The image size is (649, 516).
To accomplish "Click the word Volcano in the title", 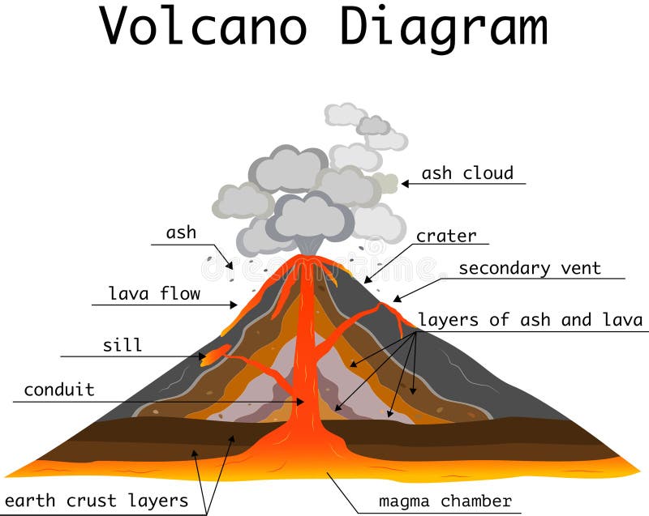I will (x=204, y=26).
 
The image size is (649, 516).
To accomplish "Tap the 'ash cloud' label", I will (x=467, y=173).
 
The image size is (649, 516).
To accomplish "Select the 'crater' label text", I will (x=446, y=236).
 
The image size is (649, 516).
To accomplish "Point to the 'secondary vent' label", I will (x=530, y=268).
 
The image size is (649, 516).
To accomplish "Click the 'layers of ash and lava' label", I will (x=531, y=320).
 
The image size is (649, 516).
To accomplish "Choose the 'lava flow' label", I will (x=154, y=293).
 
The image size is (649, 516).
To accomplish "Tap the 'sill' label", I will (x=122, y=345).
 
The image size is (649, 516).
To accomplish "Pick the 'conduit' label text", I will (x=58, y=390).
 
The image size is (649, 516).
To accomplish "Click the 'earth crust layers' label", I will (x=97, y=501).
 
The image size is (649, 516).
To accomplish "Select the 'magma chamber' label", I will (x=445, y=501).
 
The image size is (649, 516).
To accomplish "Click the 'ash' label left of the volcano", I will (x=181, y=232).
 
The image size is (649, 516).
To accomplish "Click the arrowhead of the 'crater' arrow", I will (x=367, y=281).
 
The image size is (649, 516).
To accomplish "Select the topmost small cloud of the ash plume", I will (x=346, y=113).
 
